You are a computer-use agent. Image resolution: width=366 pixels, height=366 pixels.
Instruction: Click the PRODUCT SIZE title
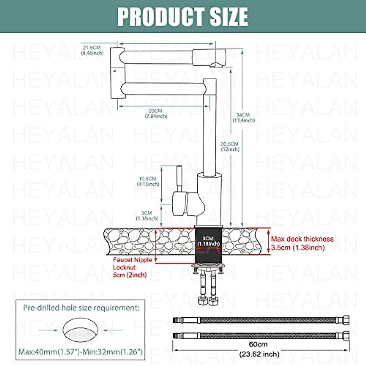183,16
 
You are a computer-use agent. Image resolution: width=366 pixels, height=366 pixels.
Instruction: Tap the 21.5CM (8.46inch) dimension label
92,50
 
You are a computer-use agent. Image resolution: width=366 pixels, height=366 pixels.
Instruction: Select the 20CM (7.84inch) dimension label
156,113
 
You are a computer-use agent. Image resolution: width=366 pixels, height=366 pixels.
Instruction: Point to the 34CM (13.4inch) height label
243,117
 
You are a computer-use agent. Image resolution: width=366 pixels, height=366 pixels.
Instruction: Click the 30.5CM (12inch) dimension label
230,146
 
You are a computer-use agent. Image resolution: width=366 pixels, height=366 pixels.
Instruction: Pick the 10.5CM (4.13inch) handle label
148,181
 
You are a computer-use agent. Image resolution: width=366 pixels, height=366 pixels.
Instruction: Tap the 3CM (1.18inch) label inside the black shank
208,241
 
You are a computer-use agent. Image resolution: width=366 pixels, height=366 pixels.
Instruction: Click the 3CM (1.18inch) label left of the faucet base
147,216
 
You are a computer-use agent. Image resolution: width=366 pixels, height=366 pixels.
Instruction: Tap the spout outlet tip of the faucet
217,64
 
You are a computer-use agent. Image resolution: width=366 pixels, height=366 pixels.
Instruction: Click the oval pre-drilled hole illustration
81,330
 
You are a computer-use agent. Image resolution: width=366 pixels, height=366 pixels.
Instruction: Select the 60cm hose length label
258,344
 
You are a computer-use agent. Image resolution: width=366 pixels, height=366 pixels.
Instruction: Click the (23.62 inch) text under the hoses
259,354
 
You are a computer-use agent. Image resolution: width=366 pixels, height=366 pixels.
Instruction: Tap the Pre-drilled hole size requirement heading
81,308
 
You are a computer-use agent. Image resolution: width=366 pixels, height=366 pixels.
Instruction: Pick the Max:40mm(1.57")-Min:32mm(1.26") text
81,352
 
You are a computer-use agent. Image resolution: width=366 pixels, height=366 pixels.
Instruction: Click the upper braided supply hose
261,320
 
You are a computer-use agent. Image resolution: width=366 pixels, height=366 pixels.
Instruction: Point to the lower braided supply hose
261,335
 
